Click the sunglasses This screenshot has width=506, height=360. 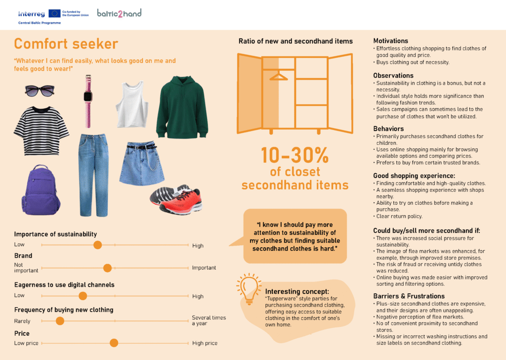[x=40, y=90]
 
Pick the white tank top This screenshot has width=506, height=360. [x=130, y=104]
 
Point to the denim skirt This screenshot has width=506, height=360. [x=144, y=163]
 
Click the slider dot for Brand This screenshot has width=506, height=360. [x=107, y=268]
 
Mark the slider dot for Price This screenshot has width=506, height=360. [x=114, y=343]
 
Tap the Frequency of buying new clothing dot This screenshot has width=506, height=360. [x=60, y=321]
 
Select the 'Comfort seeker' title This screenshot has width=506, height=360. [x=66, y=44]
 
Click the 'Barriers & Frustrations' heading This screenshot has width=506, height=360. [x=409, y=296]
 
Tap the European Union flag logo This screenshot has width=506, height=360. [x=55, y=13]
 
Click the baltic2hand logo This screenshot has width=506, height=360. [x=119, y=13]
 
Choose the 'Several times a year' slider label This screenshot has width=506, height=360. [x=209, y=320]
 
